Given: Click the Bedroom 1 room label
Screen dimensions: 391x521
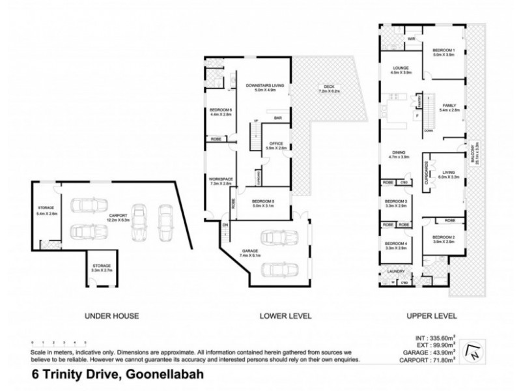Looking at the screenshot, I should (445, 51).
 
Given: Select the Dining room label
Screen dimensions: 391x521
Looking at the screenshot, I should (398, 154).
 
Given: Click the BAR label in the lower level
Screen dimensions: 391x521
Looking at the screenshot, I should (277, 118).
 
